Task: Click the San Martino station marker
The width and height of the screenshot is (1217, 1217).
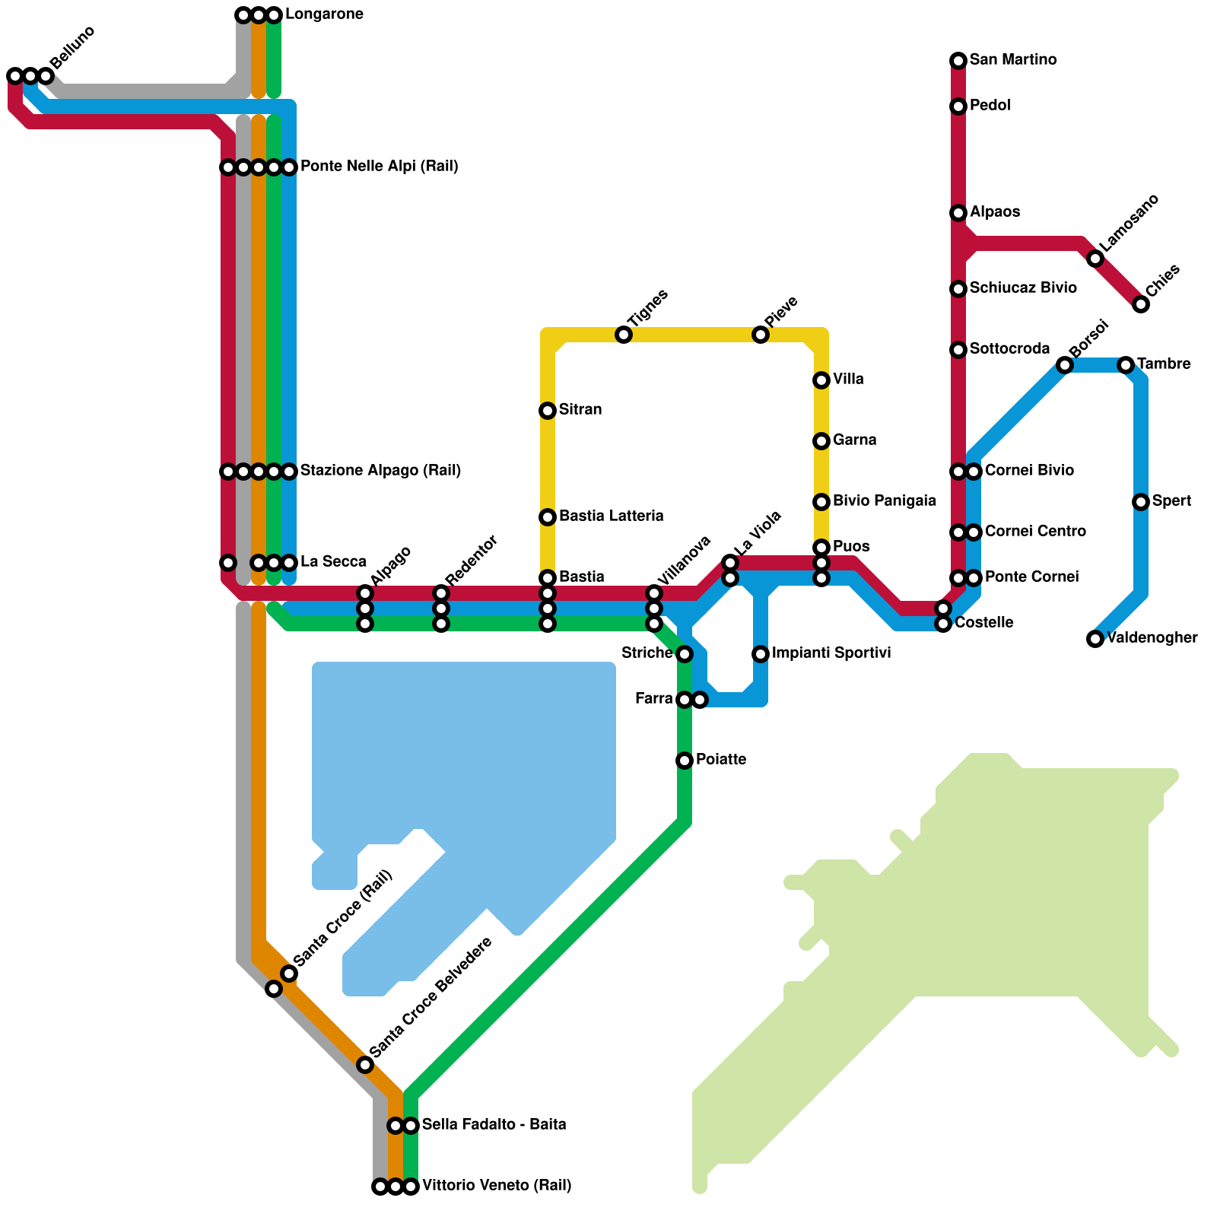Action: (x=958, y=61)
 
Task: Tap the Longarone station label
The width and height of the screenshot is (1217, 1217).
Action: (x=324, y=14)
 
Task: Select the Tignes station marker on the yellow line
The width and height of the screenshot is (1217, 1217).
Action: (x=624, y=335)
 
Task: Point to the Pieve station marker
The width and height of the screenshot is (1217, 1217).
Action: (x=761, y=335)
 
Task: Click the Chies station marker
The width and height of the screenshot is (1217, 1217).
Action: (x=1141, y=304)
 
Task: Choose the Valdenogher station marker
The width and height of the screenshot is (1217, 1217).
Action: (x=1095, y=639)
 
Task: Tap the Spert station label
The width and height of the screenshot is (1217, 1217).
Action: (x=1171, y=501)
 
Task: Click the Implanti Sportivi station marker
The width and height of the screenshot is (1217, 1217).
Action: (x=761, y=654)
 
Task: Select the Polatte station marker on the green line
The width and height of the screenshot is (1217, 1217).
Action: (x=685, y=761)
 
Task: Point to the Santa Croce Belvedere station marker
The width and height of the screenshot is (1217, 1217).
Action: (x=365, y=1065)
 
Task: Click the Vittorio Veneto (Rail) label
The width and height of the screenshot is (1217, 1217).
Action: (x=497, y=1186)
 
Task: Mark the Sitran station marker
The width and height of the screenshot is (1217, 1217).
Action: (x=548, y=411)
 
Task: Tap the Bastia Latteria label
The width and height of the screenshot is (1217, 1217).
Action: (x=612, y=516)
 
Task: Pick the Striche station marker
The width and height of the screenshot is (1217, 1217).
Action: (x=685, y=654)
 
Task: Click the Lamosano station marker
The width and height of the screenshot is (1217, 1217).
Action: (x=1095, y=259)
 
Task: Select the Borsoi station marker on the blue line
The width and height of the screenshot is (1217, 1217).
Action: (x=1065, y=365)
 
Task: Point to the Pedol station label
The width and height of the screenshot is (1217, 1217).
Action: (x=990, y=106)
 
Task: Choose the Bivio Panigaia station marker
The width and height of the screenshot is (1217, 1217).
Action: (x=821, y=502)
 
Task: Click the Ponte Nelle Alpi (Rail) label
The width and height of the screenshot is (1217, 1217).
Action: (x=380, y=167)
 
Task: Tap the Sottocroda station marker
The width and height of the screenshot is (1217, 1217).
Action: (x=958, y=350)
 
